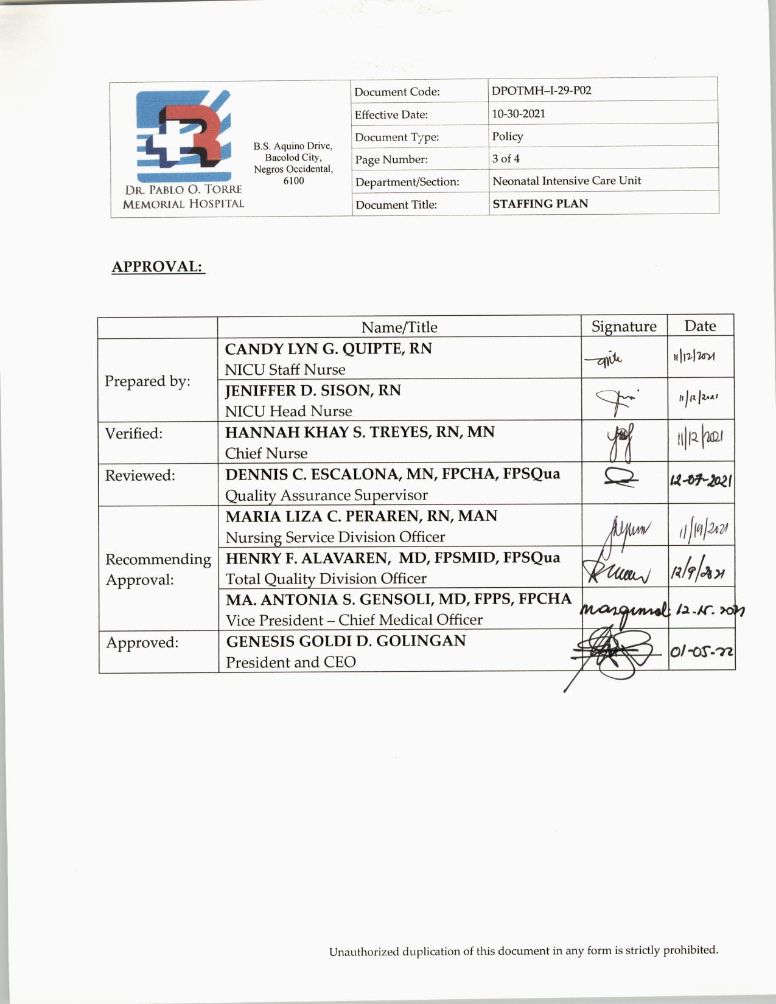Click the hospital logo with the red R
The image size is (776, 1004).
click(183, 135)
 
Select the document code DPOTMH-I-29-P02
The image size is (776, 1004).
click(541, 91)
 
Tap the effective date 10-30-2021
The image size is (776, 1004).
click(519, 114)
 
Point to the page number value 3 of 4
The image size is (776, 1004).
click(506, 159)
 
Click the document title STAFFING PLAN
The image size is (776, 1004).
click(540, 204)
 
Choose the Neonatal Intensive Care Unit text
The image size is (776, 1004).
click(566, 181)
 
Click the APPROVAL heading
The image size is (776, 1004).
click(158, 267)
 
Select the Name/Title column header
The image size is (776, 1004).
click(399, 327)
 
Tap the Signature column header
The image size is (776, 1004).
click(624, 327)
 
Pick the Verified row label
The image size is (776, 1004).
click(134, 433)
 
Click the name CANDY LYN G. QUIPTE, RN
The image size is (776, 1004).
click(328, 349)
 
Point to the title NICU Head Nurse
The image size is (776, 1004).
click(288, 411)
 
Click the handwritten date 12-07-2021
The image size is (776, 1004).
click(701, 481)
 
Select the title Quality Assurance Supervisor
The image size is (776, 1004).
click(326, 495)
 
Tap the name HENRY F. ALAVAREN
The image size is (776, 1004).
click(307, 558)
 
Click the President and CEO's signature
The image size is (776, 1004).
click(615, 655)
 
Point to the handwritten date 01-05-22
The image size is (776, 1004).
click(701, 652)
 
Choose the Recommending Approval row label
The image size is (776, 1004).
click(158, 569)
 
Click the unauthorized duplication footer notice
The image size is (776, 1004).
click(523, 950)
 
